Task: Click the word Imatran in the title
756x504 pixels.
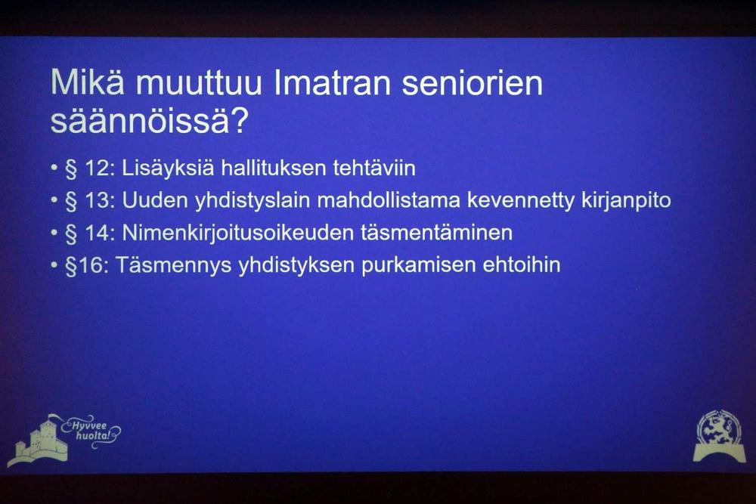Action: tap(333, 83)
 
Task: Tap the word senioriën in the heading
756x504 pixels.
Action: tap(472, 83)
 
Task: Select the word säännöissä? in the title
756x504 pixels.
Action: tap(150, 122)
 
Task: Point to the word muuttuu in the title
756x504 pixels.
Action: tap(199, 83)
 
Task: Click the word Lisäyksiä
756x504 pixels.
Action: tap(168, 169)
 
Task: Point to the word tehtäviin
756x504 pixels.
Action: tap(374, 169)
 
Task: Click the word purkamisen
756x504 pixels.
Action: tap(419, 265)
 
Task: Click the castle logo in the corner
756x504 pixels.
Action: tap(39, 441)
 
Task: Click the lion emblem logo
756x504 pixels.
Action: tap(719, 435)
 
